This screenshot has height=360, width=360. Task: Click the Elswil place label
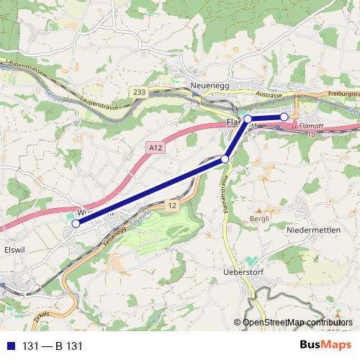[14, 251]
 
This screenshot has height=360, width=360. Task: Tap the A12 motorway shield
[153, 146]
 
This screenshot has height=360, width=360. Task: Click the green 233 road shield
[138, 91]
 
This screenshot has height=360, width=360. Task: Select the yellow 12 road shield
[171, 207]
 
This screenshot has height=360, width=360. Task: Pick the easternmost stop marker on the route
[284, 117]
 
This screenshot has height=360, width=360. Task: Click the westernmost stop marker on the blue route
[76, 223]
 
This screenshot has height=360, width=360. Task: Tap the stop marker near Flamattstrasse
[225, 159]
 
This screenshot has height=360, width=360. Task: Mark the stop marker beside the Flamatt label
[248, 119]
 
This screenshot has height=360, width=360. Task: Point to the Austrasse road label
[268, 94]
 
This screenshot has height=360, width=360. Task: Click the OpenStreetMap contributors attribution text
[297, 322]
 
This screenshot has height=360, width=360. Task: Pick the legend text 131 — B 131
[53, 346]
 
